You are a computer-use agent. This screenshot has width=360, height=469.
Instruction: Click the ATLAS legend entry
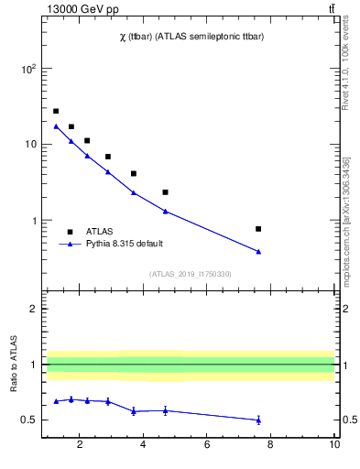click(x=100, y=232)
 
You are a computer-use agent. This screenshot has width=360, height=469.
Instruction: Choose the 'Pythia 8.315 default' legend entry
click(x=123, y=245)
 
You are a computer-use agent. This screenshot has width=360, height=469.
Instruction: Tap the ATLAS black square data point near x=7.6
click(x=258, y=229)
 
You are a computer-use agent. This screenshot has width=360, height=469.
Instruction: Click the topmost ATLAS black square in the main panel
click(x=56, y=111)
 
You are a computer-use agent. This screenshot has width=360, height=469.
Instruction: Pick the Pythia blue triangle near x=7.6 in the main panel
click(x=258, y=251)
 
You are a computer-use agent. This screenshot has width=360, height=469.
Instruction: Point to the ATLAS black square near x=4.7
click(x=165, y=192)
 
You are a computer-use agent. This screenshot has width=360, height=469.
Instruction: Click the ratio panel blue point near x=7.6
click(x=258, y=420)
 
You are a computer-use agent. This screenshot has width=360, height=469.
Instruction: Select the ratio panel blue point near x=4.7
click(x=165, y=410)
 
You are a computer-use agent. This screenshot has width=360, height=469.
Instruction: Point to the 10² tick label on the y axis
click(x=28, y=69)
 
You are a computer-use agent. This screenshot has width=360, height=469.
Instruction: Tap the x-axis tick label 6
click(x=207, y=446)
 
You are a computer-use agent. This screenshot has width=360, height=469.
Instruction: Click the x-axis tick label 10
click(x=334, y=446)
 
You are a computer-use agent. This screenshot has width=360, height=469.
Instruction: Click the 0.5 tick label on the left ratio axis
click(x=29, y=420)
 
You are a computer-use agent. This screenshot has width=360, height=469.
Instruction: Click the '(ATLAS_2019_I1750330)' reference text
click(x=190, y=274)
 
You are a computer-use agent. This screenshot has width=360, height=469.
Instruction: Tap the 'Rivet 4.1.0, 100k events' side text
click(x=346, y=64)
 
